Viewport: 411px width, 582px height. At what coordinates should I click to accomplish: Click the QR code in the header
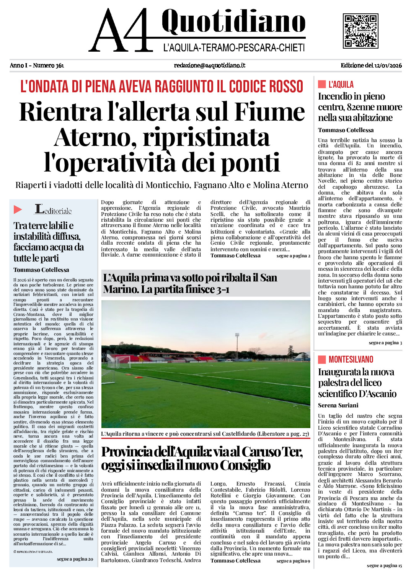pos(360,31)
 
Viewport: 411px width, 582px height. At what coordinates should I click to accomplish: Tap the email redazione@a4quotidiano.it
pos(209,65)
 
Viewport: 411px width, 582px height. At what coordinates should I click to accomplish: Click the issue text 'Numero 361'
pos(48,65)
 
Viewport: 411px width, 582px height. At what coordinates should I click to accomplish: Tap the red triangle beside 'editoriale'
pos(18,209)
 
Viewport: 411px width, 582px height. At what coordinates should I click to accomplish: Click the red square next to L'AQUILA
pos(322,84)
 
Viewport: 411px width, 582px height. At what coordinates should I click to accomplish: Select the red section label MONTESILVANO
pos(351,359)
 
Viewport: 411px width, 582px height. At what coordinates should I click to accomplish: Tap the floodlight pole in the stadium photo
pos(237,345)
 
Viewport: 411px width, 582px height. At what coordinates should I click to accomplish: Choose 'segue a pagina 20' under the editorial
pos(75,559)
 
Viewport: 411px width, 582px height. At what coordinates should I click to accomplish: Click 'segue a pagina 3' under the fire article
pos(385,343)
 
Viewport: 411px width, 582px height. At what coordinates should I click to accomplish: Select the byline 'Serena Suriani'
pos(338,405)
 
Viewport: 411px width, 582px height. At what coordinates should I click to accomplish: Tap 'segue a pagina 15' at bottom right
pos(384,566)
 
